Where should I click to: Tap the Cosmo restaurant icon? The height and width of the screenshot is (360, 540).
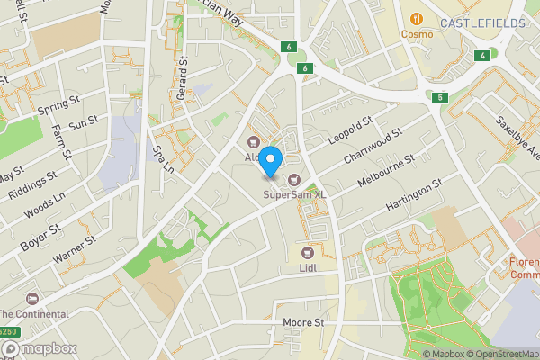pyautogui.click(x=417, y=19)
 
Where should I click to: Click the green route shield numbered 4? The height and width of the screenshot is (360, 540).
pyautogui.click(x=484, y=56)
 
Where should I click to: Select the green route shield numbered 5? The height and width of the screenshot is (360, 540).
pyautogui.click(x=439, y=97)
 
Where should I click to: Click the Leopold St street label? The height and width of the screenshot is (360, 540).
pyautogui.click(x=350, y=128)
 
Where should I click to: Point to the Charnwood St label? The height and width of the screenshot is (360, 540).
pyautogui.click(x=371, y=148)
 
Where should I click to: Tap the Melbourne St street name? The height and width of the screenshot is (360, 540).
pyautogui.click(x=385, y=169)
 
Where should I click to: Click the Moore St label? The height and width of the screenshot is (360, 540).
pyautogui.click(x=302, y=322)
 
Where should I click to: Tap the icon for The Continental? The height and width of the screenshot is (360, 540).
pyautogui.click(x=33, y=298)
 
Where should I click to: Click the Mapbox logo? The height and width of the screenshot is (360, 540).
pyautogui.click(x=38, y=348)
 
